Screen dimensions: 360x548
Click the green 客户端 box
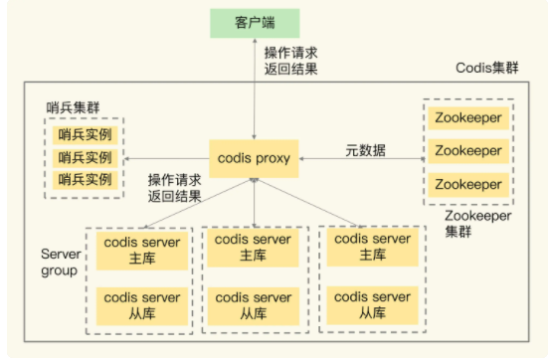point(255,20)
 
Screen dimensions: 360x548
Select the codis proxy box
point(255,158)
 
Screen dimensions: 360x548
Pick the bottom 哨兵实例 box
point(84,180)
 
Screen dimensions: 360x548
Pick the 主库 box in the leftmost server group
point(140,250)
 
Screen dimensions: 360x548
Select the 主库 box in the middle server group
point(255,250)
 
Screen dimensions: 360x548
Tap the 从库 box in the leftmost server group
point(140,305)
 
